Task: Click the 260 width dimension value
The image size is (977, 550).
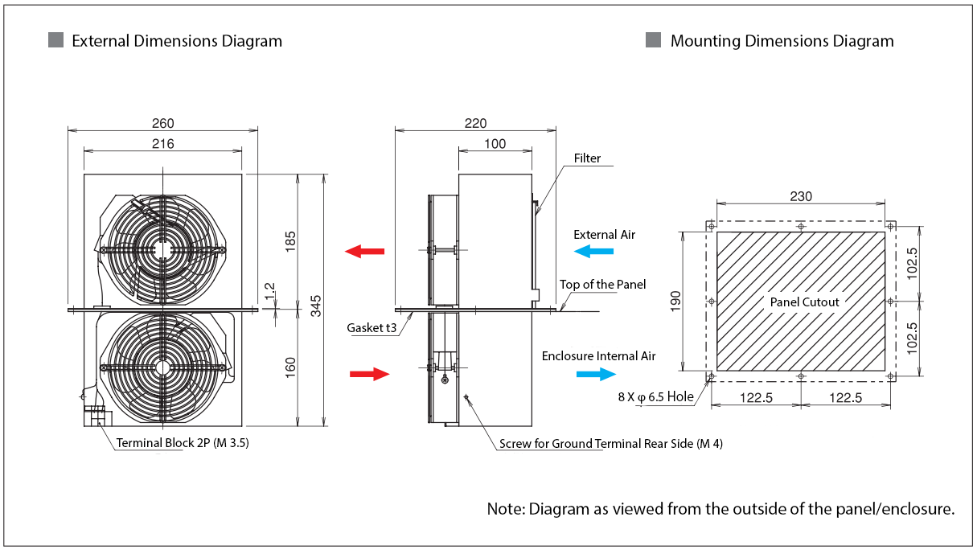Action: point(162,123)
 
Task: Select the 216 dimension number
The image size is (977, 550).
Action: point(162,144)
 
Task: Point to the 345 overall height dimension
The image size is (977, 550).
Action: point(316,306)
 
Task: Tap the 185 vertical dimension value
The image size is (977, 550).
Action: point(290,242)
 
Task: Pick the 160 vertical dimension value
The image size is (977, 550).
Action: point(290,367)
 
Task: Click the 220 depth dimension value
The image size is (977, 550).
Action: point(475,123)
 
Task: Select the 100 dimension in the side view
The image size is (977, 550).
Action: point(495,144)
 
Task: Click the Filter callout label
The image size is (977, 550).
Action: point(587,158)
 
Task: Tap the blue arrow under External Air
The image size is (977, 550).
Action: point(593,252)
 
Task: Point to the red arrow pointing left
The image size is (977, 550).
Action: point(364,252)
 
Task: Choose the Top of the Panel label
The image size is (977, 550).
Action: point(602,285)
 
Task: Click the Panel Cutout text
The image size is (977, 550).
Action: point(804,302)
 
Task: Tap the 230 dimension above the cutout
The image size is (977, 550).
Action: point(801,196)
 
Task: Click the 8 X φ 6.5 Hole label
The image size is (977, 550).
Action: point(655,396)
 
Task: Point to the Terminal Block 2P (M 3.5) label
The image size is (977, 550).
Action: point(183,442)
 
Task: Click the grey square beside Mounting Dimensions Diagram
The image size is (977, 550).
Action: point(653,40)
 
